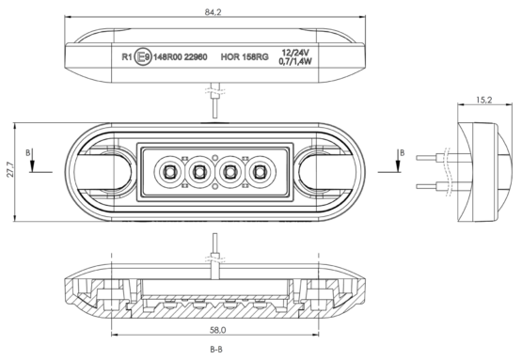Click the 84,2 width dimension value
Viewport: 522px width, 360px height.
coord(214,12)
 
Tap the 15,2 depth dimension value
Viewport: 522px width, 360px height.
coord(484,100)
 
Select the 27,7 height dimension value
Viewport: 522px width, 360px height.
coord(9,169)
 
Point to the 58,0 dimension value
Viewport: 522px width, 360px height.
coord(217,330)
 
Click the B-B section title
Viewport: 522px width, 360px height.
coord(216,350)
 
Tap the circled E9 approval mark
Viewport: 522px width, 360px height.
coord(143,57)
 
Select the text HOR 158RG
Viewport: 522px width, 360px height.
coord(245,57)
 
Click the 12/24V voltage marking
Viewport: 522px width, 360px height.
coord(295,53)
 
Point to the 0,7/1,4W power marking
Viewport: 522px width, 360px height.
coord(295,61)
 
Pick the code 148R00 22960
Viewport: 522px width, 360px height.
coord(180,57)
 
